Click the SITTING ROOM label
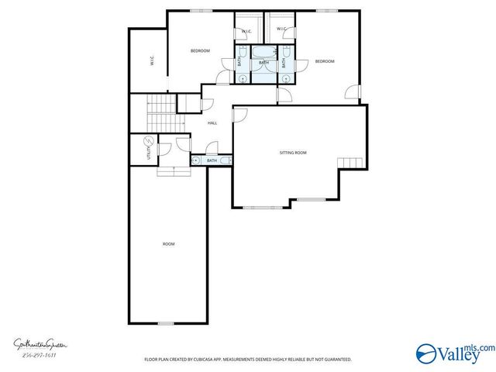coord(293,153)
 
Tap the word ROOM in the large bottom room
coord(168,244)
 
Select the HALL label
coord(212,122)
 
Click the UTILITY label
coord(150,152)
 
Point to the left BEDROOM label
coord(200,50)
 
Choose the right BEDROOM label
coord(324,61)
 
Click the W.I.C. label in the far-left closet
coord(153,61)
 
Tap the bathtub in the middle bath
coord(263,54)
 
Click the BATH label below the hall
coord(212,160)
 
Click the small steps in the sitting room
coord(350,162)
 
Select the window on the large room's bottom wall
coord(166,323)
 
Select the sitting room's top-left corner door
coord(239,114)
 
